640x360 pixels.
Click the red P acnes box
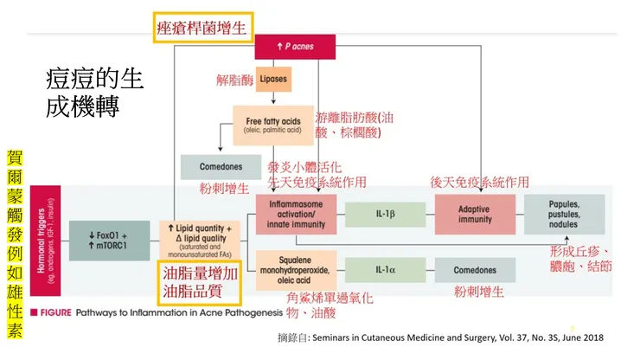[x=295, y=46]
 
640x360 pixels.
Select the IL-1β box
[x=387, y=214]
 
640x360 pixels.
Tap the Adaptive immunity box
[x=475, y=214]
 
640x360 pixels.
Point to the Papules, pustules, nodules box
[x=563, y=215]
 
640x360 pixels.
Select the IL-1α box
[x=387, y=269]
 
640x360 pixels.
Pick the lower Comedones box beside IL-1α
[x=475, y=270]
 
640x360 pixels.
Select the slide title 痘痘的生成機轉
[x=94, y=94]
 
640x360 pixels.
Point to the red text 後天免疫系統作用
[x=479, y=182]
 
